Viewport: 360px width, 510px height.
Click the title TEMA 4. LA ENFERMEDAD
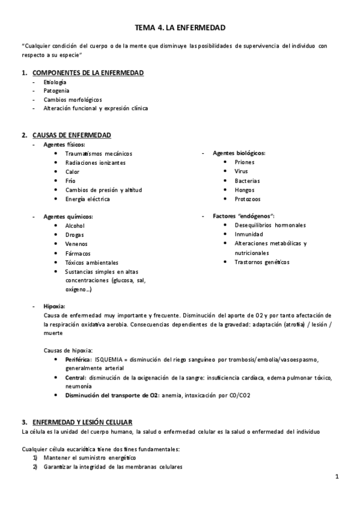[x=180, y=28]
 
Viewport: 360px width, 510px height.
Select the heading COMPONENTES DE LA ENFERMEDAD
[x=88, y=73]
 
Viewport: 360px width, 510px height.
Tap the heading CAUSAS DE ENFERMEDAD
[x=71, y=135]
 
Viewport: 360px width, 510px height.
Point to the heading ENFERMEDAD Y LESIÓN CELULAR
[x=82, y=422]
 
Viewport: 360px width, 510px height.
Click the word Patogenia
[x=56, y=90]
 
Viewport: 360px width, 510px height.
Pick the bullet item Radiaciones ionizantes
[x=96, y=162]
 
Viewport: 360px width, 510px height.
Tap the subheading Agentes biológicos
[x=239, y=153]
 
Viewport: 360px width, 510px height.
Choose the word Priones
[x=244, y=162]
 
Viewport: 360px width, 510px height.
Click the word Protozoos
[x=248, y=198]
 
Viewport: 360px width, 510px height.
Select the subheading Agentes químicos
[x=68, y=217]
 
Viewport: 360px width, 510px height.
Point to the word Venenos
[x=76, y=244]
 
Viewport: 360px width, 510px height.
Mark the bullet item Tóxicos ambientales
[x=92, y=262]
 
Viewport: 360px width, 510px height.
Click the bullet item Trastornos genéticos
[x=261, y=262]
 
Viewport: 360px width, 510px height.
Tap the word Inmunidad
[x=249, y=235]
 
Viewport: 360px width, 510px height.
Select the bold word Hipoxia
[x=54, y=306]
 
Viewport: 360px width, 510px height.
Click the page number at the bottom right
[x=337, y=477]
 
